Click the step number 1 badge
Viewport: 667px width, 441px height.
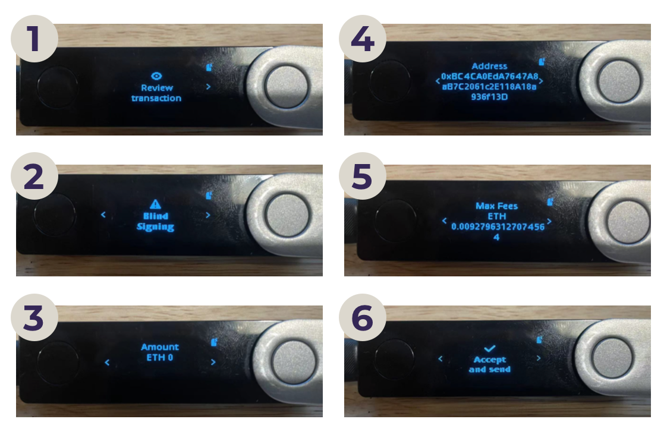[x=34, y=39]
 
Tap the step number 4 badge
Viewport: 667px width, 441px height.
[x=363, y=39]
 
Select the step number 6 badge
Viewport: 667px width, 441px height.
[x=363, y=317]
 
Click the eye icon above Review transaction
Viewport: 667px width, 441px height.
[x=156, y=75]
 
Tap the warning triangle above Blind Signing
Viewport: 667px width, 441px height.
[x=155, y=204]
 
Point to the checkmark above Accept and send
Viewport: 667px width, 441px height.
[x=490, y=348]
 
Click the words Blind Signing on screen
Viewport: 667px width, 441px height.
[x=155, y=222]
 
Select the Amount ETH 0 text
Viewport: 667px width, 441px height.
[x=160, y=352]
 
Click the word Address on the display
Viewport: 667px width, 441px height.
[x=489, y=66]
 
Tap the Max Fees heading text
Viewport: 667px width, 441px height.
[x=496, y=206]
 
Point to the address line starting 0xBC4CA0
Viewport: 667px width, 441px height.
[x=490, y=76]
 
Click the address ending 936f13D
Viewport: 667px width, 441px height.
[x=489, y=97]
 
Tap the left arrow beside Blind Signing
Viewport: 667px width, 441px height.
[x=103, y=215]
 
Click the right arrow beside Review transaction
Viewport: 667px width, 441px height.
[x=208, y=87]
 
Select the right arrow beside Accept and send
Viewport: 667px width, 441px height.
[x=539, y=358]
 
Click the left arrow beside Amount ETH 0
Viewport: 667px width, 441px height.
[x=107, y=363]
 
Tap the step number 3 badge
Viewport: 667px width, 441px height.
[x=34, y=317]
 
